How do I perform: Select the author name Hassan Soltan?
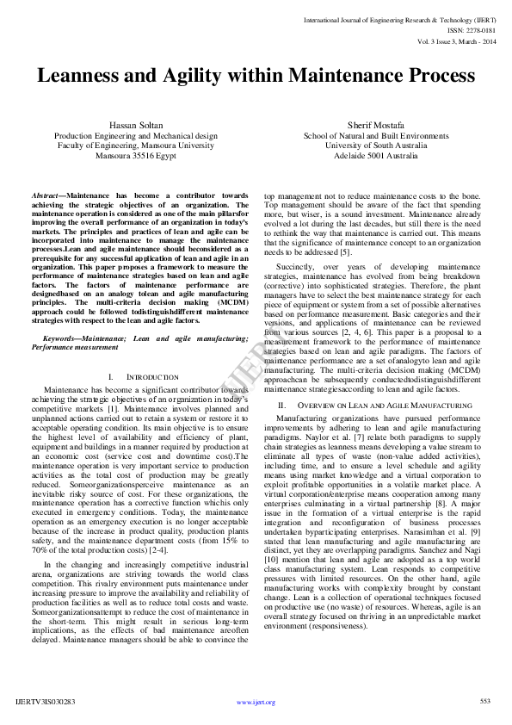(136, 126)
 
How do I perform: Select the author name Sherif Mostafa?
(375, 126)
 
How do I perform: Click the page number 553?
(484, 701)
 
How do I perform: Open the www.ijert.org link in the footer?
(256, 702)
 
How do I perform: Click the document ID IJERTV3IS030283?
(46, 702)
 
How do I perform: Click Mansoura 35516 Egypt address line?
(136, 157)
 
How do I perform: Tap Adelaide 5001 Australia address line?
(375, 157)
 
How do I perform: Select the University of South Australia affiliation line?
(375, 146)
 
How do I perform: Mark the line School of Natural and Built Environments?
(375, 136)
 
